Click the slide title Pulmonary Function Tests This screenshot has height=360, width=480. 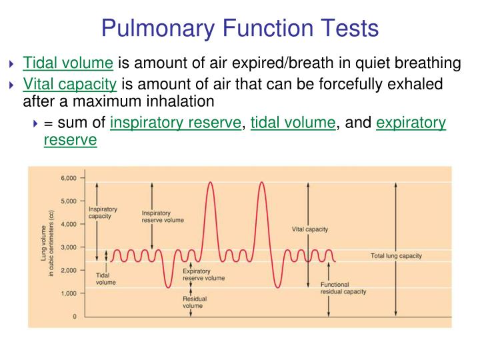pos(240,28)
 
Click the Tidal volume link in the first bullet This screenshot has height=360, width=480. pos(68,64)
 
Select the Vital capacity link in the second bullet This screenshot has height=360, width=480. pos(70,85)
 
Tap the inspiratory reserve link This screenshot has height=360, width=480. pos(175,123)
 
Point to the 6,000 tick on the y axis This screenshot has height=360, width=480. pos(69,178)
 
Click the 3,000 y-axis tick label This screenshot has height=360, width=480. pos(69,247)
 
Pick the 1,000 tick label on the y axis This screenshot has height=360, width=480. pos(69,293)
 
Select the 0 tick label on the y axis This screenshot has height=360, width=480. pos(75,316)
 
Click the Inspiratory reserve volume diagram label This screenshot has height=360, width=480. pos(163,217)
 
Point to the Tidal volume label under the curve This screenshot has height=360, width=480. pos(105,279)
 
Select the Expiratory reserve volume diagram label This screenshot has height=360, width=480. pos(203,275)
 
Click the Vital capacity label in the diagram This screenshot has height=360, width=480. pos(310,229)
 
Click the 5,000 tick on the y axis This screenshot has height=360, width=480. pos(69,201)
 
